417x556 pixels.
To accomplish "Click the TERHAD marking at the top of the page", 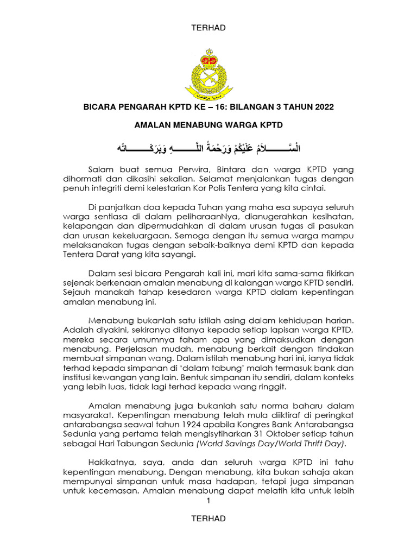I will [208, 28].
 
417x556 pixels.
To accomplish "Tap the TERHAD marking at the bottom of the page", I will [208, 519].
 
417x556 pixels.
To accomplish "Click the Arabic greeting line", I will [208, 147].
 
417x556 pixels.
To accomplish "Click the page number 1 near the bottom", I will [208, 501].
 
